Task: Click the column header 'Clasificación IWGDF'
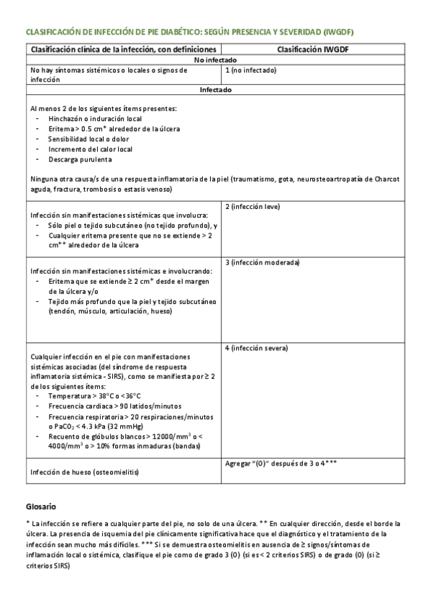coord(312,49)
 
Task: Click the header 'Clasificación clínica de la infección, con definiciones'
coord(123,49)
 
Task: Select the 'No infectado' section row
coord(215,60)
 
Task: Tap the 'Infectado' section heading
coord(215,90)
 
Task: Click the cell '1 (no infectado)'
coord(250,70)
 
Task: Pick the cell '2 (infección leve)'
coord(253,207)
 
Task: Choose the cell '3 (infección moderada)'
coord(262,262)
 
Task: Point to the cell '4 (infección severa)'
coord(256,348)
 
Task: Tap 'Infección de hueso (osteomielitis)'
coord(83,472)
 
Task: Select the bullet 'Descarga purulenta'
coord(80,159)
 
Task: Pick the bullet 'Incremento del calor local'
coord(90,149)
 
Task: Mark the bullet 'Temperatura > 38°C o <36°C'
coord(94,396)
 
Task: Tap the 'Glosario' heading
coord(40,506)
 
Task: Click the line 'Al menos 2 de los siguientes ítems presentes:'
coord(103,108)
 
